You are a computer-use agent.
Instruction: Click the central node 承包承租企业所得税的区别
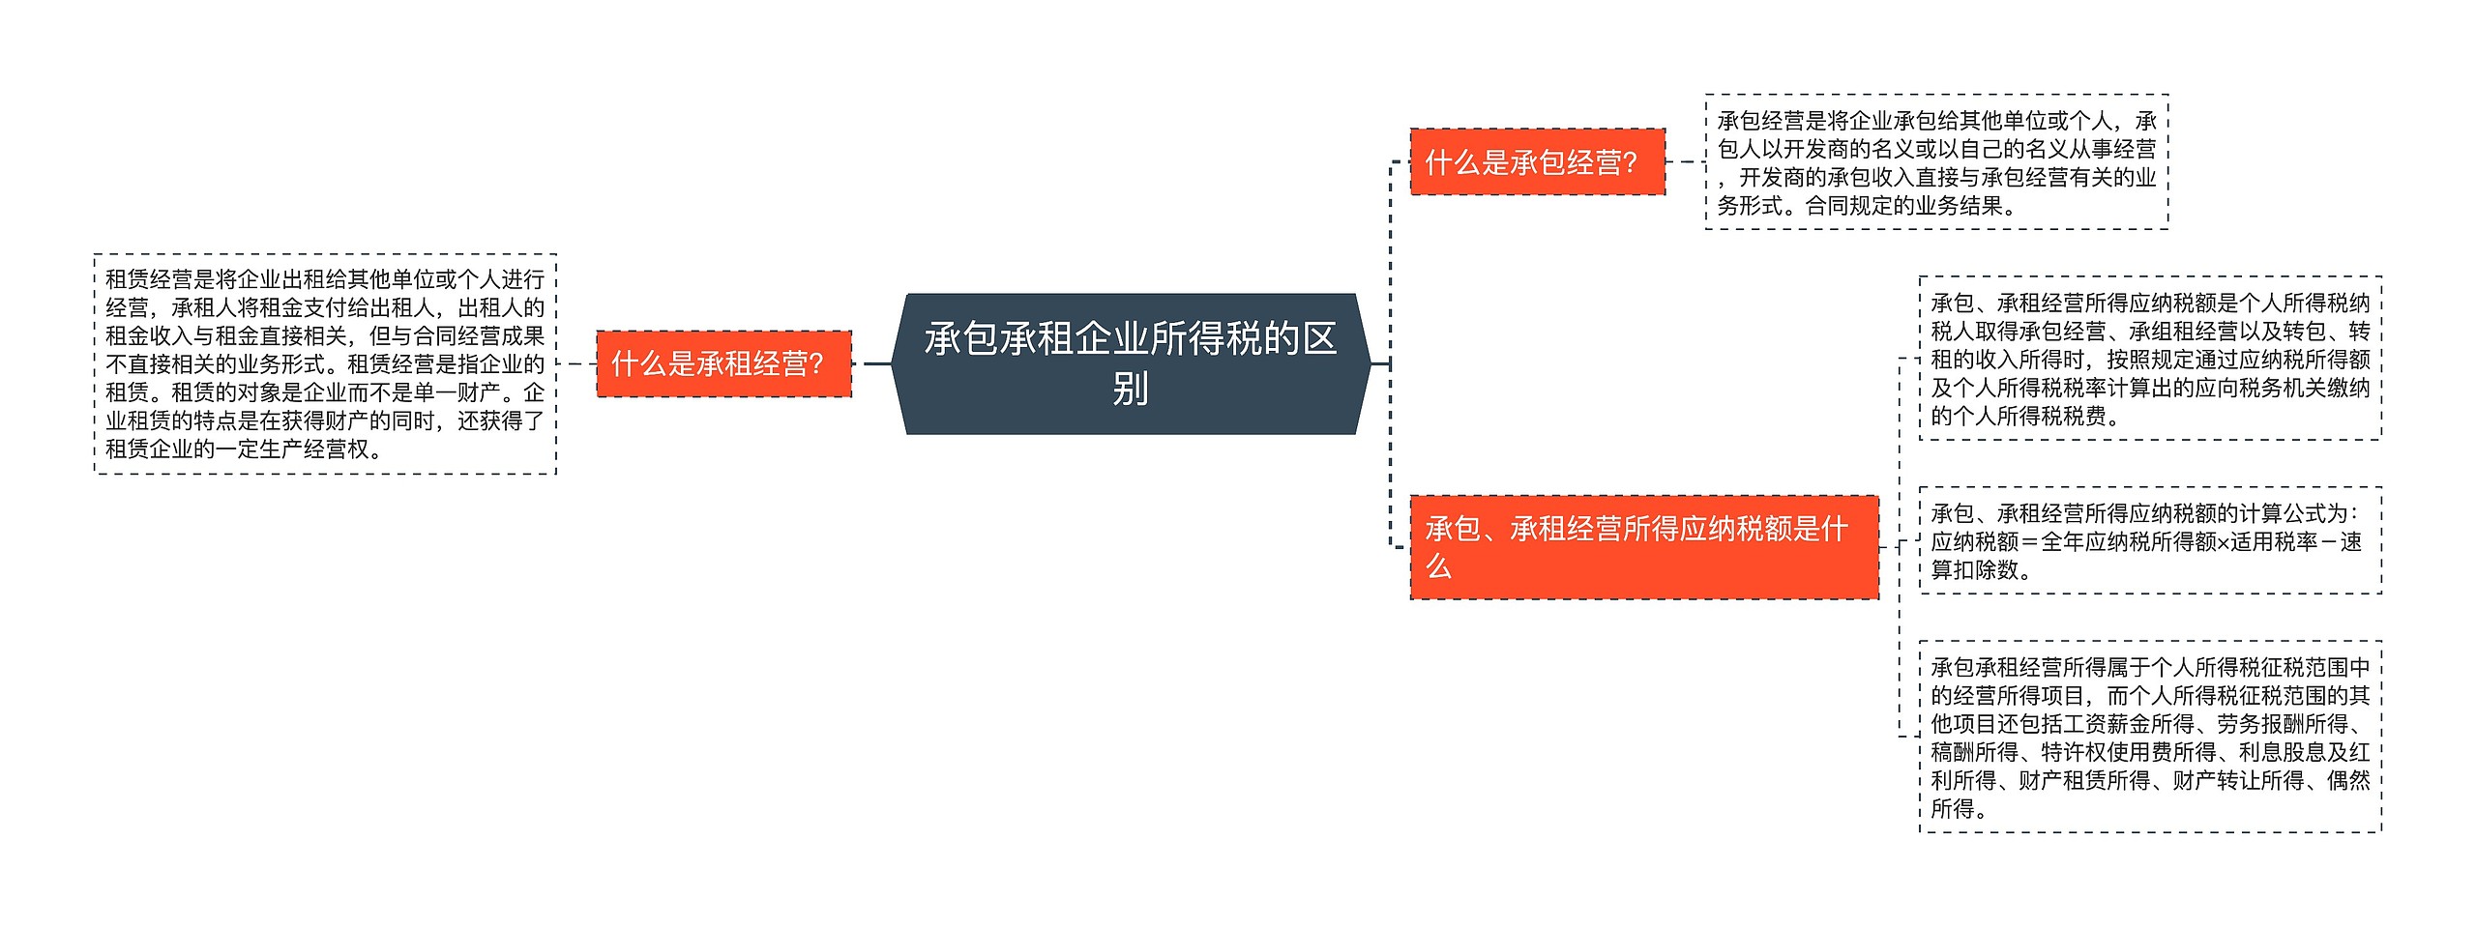1130,363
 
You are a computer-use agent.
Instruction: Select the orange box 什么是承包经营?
1537,161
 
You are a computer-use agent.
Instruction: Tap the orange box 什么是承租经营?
723,363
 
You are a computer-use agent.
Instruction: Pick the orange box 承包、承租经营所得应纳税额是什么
1643,546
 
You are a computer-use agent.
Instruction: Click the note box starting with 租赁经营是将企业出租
325,363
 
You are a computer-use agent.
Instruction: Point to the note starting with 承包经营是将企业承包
1936,161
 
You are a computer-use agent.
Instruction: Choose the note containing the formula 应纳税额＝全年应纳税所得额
2149,540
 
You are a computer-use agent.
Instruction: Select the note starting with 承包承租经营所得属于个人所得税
2149,737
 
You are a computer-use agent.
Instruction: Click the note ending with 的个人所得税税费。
2149,359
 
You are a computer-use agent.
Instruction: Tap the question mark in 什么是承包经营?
1630,162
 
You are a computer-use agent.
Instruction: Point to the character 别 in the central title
1130,389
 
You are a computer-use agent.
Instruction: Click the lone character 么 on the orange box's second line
1438,565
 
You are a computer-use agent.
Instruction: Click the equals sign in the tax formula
2030,542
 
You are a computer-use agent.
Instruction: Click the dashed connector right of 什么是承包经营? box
1685,161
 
